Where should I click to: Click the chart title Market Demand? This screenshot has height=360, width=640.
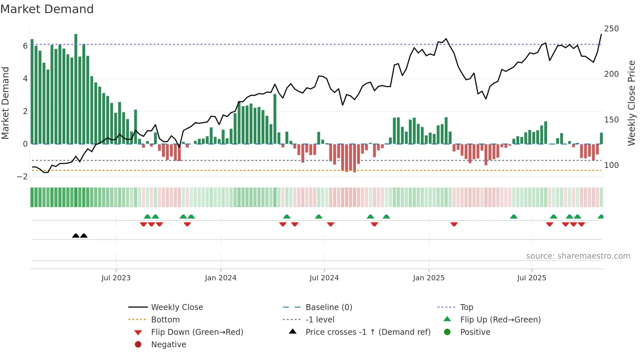(47, 9)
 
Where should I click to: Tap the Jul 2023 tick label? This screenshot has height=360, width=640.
(116, 278)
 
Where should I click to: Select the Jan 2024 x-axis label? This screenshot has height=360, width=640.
(221, 278)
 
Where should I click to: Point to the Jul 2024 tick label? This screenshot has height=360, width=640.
(324, 278)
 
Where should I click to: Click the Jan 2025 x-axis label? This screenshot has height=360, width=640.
(429, 278)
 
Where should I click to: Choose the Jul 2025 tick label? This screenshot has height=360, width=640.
(532, 278)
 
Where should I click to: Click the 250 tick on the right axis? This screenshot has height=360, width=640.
(611, 29)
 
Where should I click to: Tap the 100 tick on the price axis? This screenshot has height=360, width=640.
(611, 165)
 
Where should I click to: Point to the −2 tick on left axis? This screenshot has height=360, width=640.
(23, 177)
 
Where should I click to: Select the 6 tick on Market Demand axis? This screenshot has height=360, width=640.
(25, 46)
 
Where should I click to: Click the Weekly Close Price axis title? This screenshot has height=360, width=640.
(632, 103)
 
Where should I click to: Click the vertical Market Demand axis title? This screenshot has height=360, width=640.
(5, 103)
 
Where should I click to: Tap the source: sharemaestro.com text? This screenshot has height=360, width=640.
(578, 256)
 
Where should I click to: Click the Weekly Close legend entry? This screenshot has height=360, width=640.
(177, 307)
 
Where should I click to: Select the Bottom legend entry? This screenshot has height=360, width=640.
(165, 320)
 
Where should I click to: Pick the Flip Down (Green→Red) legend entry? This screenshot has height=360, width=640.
(197, 332)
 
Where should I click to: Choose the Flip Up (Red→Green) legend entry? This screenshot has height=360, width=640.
(500, 320)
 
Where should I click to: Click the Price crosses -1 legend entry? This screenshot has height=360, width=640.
(368, 332)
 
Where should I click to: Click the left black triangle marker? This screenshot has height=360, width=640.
(76, 236)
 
